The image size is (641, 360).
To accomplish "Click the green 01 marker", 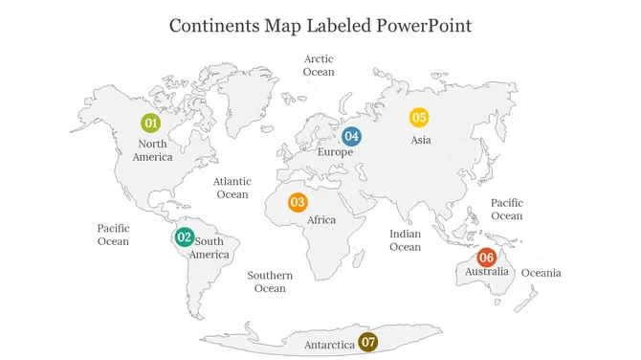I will pyautogui.click(x=150, y=123).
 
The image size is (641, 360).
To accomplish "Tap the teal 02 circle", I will pyautogui.click(x=184, y=237).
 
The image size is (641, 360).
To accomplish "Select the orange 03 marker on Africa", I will pyautogui.click(x=298, y=202).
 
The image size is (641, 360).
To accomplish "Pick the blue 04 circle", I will pyautogui.click(x=351, y=136).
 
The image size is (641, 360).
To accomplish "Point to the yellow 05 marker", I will pyautogui.click(x=418, y=118).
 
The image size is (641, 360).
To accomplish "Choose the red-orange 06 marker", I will pyautogui.click(x=486, y=257).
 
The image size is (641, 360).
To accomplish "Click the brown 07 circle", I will pyautogui.click(x=368, y=342).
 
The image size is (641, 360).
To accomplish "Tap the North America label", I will pyautogui.click(x=153, y=150).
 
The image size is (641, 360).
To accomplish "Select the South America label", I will pyautogui.click(x=210, y=248).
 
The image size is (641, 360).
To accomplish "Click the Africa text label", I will pyautogui.click(x=321, y=220).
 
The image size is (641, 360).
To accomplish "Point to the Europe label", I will pyautogui.click(x=335, y=152).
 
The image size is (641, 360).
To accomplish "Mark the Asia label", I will pyautogui.click(x=421, y=140).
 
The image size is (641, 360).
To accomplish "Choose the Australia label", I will pyautogui.click(x=487, y=273).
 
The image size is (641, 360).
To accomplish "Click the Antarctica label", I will pyautogui.click(x=329, y=344).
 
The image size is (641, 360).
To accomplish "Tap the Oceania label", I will pyautogui.click(x=542, y=274).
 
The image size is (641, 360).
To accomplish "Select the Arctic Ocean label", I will pyautogui.click(x=319, y=65).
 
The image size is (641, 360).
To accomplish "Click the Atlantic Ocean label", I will pyautogui.click(x=232, y=188).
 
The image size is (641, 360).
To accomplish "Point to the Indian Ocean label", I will pyautogui.click(x=405, y=240).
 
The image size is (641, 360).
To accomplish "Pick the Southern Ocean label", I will pyautogui.click(x=270, y=281).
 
